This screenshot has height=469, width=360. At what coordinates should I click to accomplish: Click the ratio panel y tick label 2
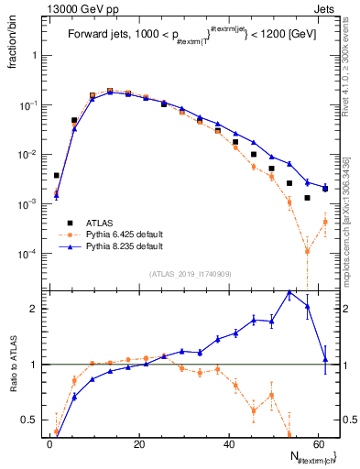pyautogui.click(x=35, y=309)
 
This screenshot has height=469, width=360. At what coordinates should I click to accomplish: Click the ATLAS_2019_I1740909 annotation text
pyautogui.click(x=190, y=274)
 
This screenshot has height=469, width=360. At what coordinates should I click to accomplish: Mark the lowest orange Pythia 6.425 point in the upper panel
pyautogui.click(x=308, y=251)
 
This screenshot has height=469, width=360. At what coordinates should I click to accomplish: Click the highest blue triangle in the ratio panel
pyautogui.click(x=289, y=293)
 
